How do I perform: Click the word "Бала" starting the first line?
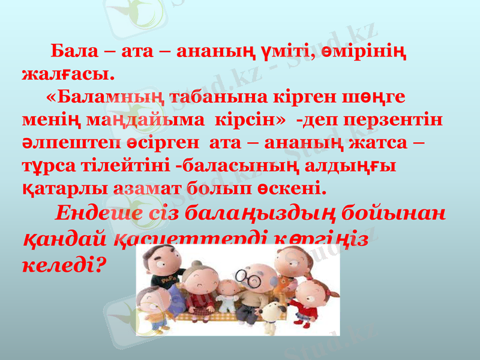pyautogui.click(x=72, y=49)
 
